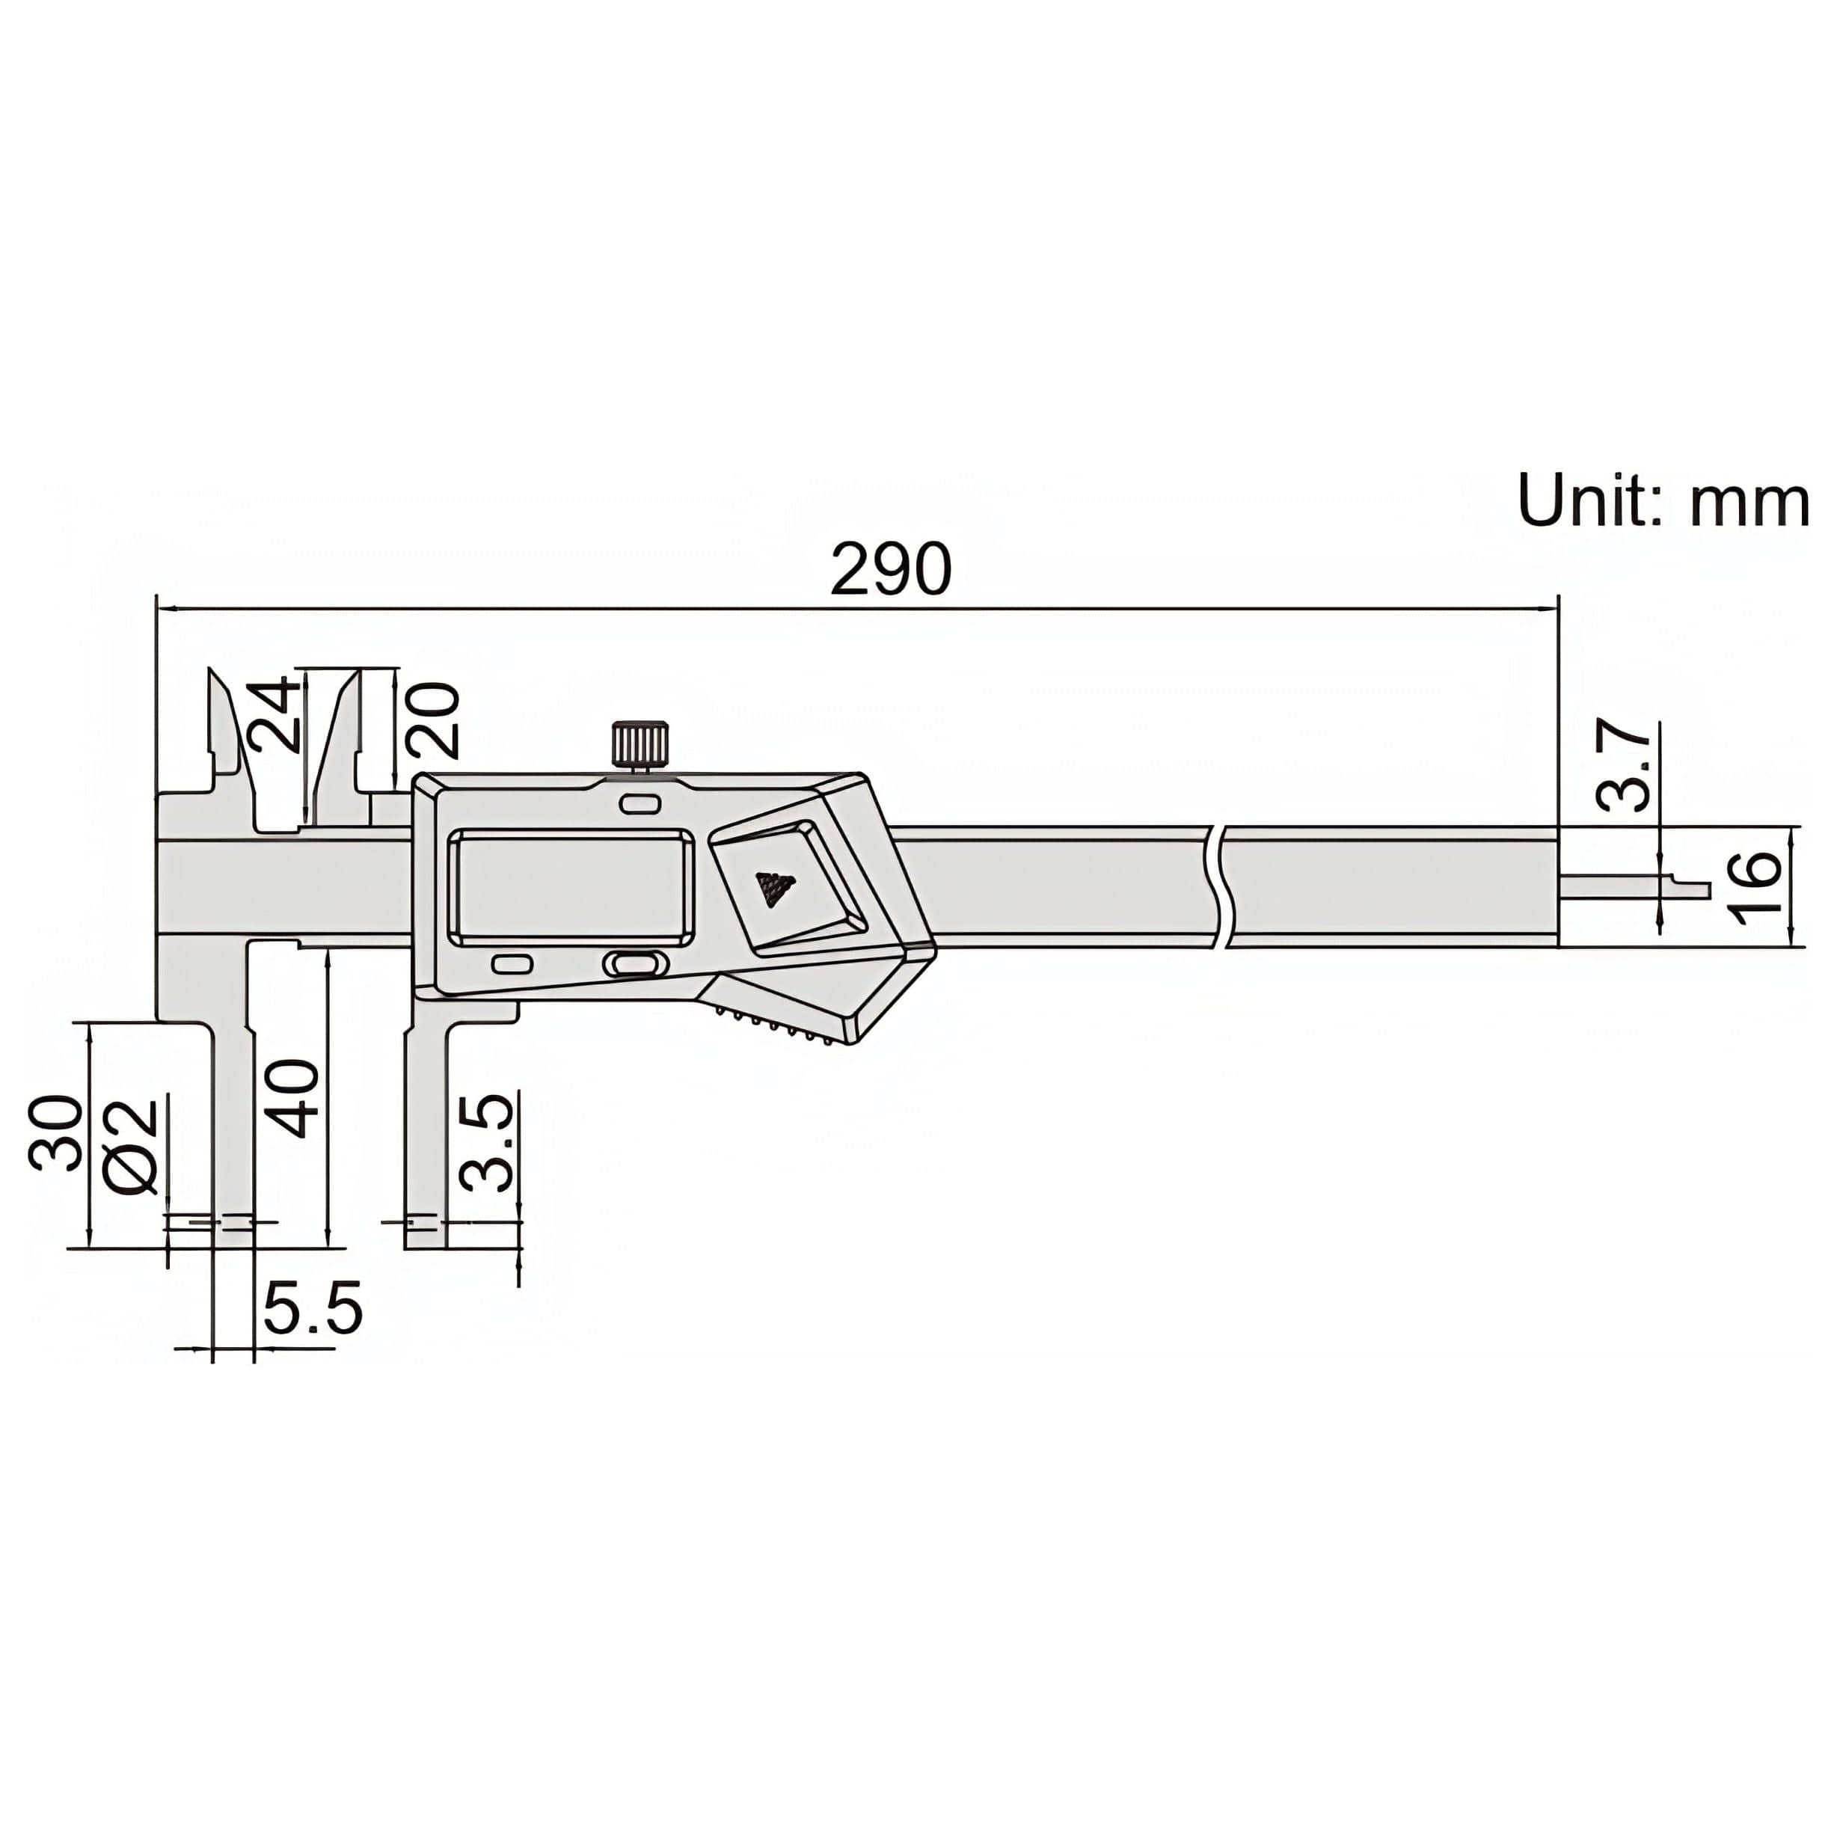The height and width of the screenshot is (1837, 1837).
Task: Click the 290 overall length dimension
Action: coord(890,569)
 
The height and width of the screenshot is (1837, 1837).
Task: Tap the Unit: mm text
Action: coord(1662,501)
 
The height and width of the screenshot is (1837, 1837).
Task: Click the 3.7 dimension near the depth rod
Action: coord(1624,765)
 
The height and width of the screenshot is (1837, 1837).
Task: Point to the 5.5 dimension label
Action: coord(313,1309)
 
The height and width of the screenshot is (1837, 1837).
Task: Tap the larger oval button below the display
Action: coord(631,964)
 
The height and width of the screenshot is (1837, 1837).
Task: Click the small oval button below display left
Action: coord(512,964)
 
